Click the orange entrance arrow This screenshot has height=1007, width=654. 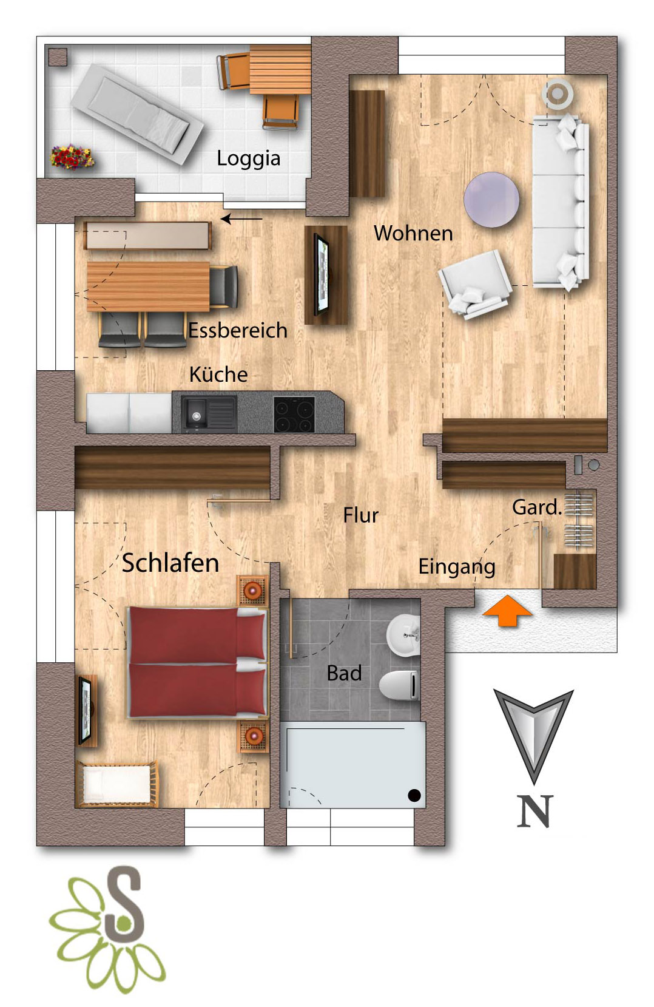[508, 610]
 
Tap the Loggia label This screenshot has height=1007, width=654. [248, 158]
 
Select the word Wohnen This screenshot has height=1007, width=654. [413, 233]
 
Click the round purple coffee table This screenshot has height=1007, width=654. [491, 200]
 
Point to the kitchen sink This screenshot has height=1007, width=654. [209, 413]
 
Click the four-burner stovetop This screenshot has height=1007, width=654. [294, 414]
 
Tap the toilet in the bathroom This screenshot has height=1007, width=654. [399, 685]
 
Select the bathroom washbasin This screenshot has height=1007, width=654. [403, 636]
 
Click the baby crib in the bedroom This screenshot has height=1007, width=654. [117, 784]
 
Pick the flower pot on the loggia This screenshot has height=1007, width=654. [72, 157]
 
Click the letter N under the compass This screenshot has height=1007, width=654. [534, 812]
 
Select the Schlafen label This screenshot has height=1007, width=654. [170, 563]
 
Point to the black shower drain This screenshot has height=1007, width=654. [414, 795]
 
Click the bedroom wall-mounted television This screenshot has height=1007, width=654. [86, 710]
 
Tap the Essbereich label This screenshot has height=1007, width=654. [238, 330]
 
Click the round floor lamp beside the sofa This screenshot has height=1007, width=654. [558, 94]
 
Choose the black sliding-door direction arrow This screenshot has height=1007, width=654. [241, 219]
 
